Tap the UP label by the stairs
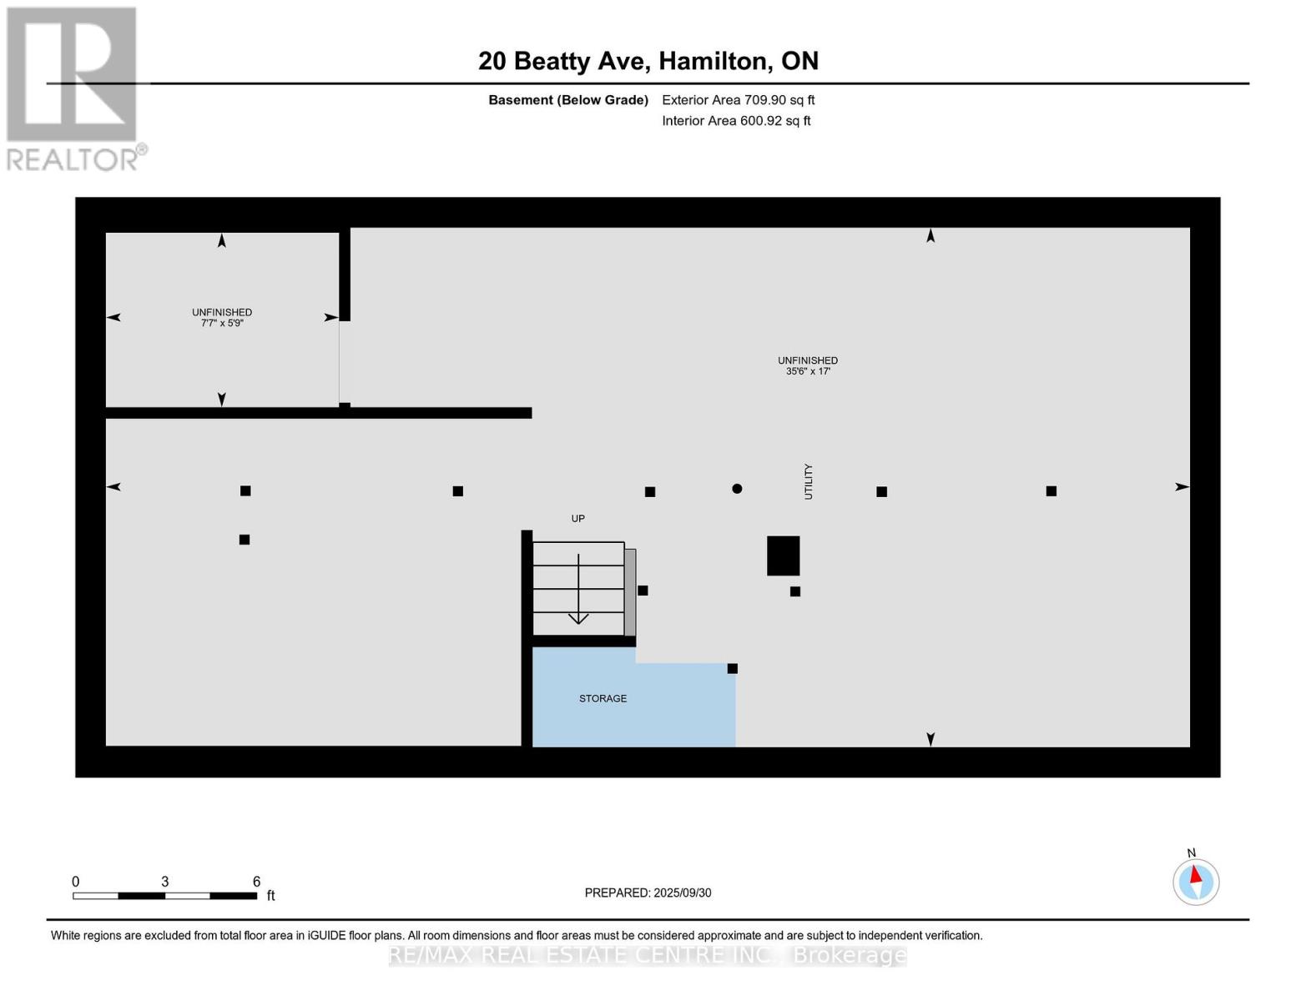(577, 519)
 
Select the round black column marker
(737, 489)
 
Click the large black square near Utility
(783, 556)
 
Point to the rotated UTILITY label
(808, 481)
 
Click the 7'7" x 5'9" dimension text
(222, 324)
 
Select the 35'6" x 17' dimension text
(807, 371)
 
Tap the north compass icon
(1196, 881)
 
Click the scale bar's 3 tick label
(165, 882)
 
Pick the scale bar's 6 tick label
(256, 882)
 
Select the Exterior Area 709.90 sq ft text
(738, 100)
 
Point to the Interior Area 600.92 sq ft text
(736, 121)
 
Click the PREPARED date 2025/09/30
(648, 893)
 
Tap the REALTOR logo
(73, 88)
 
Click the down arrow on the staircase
(578, 617)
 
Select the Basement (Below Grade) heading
(568, 100)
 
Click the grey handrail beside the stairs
(631, 592)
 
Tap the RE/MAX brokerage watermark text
(648, 955)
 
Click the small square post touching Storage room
(732, 668)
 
